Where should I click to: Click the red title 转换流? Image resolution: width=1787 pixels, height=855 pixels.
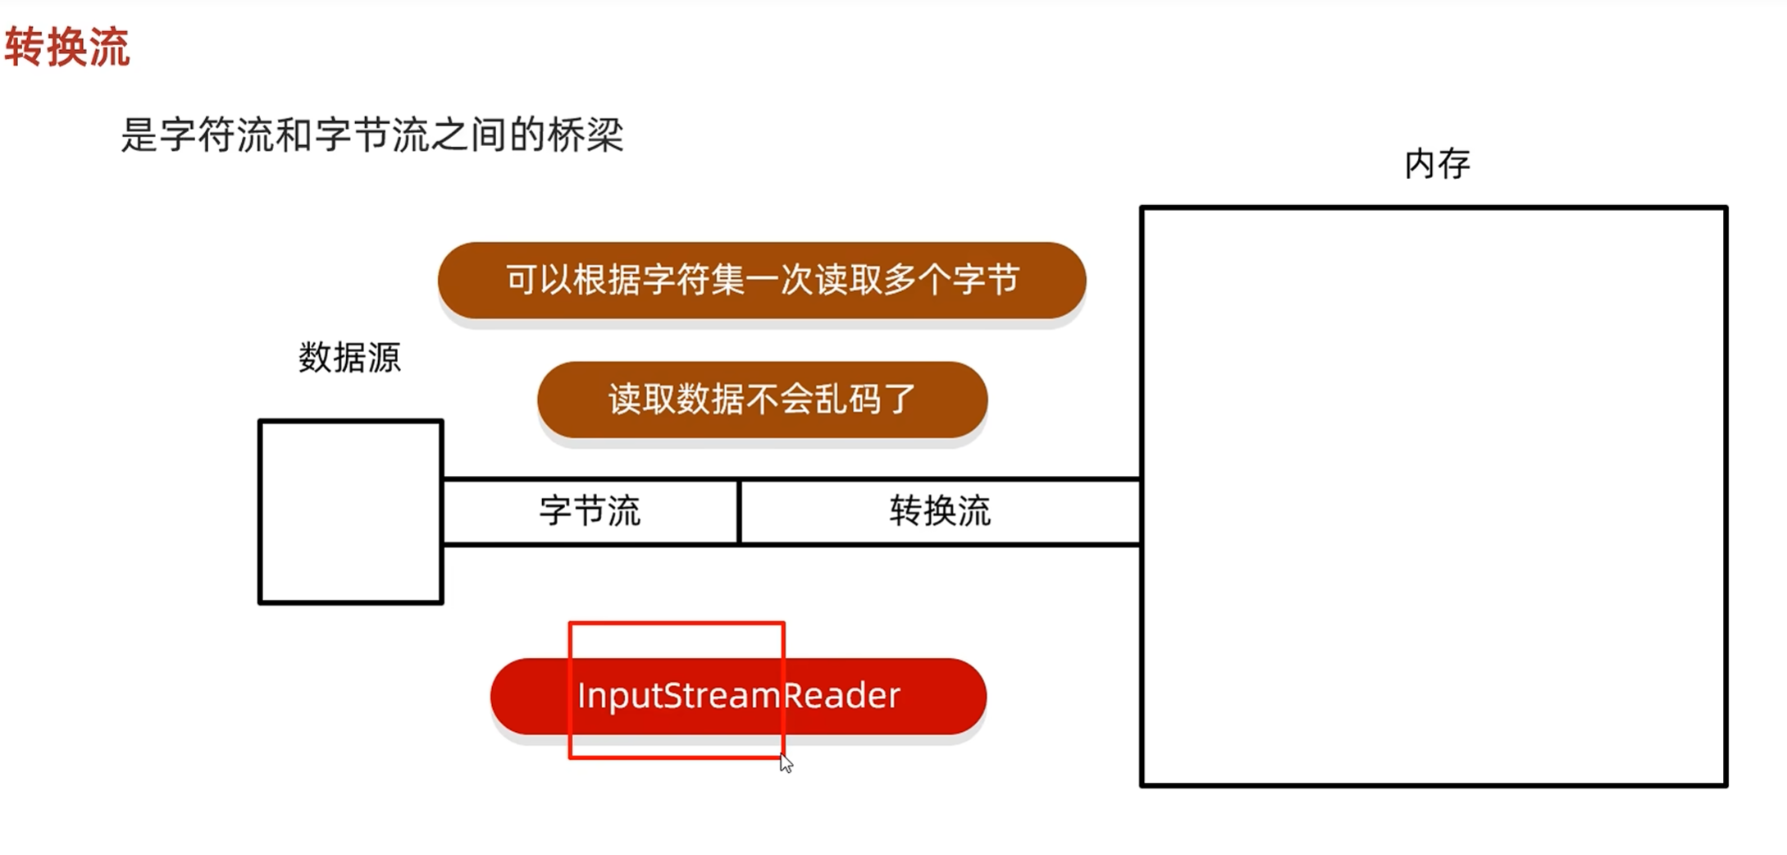click(x=67, y=47)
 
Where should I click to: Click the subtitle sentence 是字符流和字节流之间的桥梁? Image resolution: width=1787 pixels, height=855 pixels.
click(x=372, y=135)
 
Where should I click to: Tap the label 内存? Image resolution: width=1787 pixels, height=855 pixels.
click(x=1437, y=164)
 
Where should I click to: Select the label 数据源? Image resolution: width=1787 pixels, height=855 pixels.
click(x=349, y=358)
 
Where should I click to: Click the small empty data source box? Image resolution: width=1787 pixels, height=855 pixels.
click(x=351, y=512)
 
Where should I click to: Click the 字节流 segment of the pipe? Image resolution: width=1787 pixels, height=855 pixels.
click(x=590, y=511)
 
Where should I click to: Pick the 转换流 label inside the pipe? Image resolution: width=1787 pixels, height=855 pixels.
click(x=940, y=511)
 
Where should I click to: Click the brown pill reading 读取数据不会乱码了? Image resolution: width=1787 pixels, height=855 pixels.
click(x=762, y=400)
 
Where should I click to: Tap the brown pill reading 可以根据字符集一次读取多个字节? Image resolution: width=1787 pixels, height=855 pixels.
click(x=762, y=280)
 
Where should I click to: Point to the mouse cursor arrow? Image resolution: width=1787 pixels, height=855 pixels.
click(x=785, y=763)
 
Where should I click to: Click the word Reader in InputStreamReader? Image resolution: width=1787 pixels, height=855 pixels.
click(x=841, y=696)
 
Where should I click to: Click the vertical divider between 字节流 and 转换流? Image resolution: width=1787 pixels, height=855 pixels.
click(x=739, y=511)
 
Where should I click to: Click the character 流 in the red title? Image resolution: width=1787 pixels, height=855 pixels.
click(x=110, y=47)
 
